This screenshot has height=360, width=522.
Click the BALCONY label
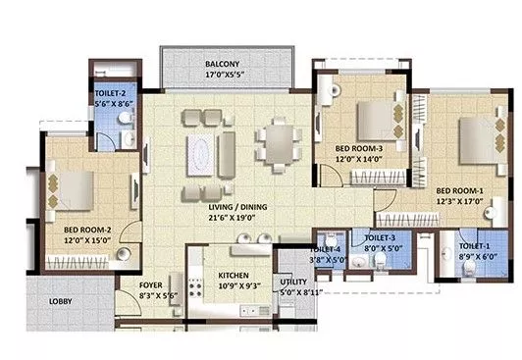click(x=222, y=64)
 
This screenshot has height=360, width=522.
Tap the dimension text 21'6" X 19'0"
click(x=232, y=218)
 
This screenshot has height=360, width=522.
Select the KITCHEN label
click(x=234, y=276)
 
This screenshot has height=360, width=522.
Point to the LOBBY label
click(x=61, y=301)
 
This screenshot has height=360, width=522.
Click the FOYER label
click(x=151, y=285)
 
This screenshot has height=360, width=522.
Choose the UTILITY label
click(x=293, y=282)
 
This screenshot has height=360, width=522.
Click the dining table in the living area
click(x=280, y=144)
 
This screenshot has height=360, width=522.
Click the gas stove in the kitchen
click(x=195, y=287)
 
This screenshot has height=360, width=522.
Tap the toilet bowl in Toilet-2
click(x=125, y=118)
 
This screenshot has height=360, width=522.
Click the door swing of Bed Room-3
click(x=332, y=175)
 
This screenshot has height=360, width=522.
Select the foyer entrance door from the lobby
click(x=129, y=303)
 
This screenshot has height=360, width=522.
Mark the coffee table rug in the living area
click(x=200, y=155)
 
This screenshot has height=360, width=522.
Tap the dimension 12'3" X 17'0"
click(x=460, y=201)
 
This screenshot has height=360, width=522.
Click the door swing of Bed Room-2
click(x=130, y=231)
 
